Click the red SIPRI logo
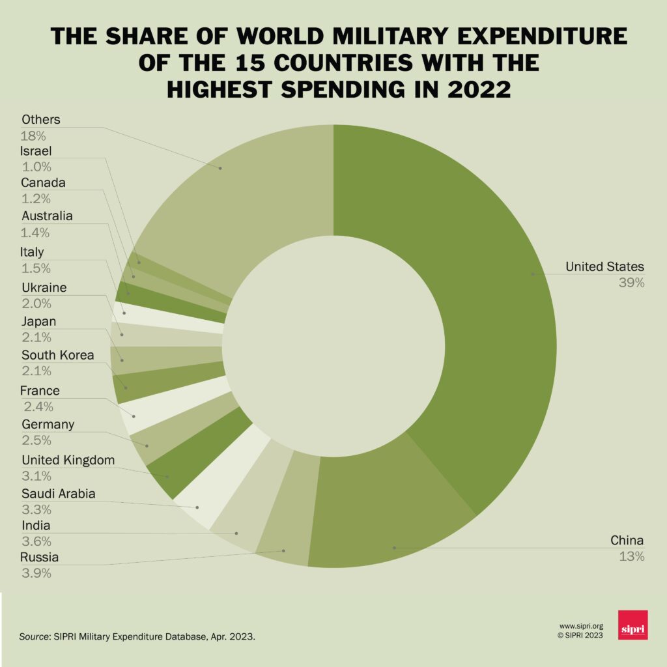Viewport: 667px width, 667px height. [632, 625]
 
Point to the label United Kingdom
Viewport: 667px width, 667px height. [68, 461]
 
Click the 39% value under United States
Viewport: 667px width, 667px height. [631, 283]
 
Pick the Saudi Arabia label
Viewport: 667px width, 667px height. [58, 494]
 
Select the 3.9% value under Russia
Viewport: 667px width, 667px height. [36, 574]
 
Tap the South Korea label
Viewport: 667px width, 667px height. [57, 356]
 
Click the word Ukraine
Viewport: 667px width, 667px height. [44, 287]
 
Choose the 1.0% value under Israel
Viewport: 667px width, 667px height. [36, 167]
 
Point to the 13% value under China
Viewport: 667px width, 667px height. [631, 556]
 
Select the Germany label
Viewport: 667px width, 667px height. [48, 425]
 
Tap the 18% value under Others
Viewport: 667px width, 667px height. [33, 136]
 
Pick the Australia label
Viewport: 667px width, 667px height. [47, 216]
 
